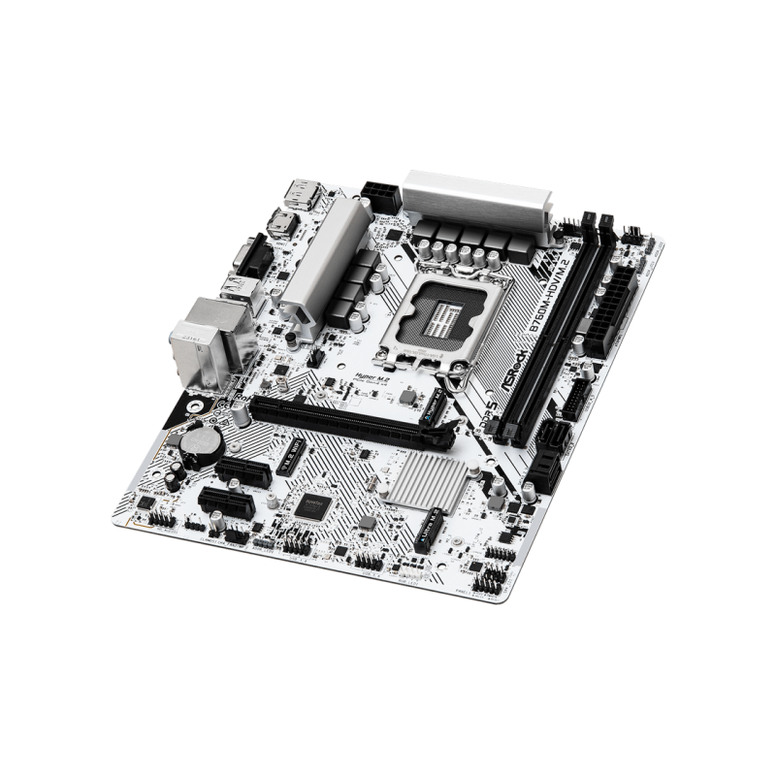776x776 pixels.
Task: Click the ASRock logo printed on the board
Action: click(x=512, y=368)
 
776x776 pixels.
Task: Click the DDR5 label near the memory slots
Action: click(x=490, y=398)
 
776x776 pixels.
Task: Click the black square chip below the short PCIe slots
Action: click(x=312, y=503)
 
